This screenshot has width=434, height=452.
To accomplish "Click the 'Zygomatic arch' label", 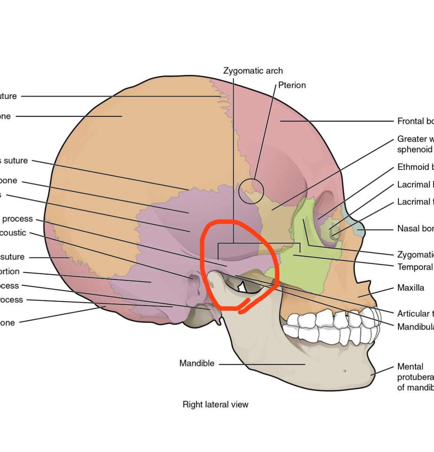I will click(253, 71).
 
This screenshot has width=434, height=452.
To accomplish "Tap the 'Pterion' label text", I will click(292, 85).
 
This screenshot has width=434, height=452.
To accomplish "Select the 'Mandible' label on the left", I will click(197, 363).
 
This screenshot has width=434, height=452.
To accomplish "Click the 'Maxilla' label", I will click(411, 288).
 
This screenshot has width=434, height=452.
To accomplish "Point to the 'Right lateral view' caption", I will click(215, 405).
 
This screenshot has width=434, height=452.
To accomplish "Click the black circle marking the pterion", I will click(251, 191).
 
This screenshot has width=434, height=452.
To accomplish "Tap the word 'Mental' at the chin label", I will click(410, 367).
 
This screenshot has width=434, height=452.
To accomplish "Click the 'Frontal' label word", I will click(411, 121).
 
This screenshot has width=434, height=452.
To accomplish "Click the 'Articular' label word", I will click(413, 314).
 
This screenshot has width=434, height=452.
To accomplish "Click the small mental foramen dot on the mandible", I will click(345, 371).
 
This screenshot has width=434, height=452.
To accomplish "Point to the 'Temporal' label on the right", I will click(415, 267).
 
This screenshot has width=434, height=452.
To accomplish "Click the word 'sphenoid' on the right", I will click(415, 150).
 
